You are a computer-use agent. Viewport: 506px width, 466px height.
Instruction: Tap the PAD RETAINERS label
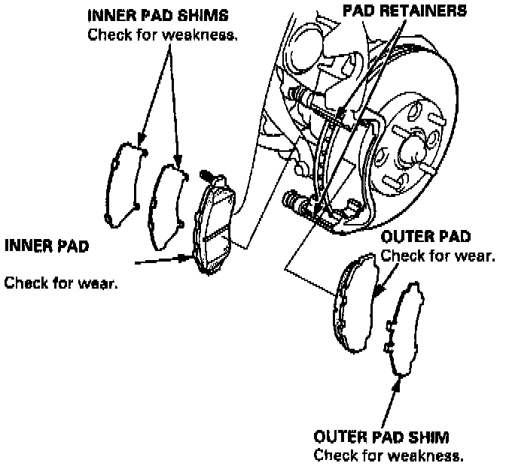pyautogui.click(x=404, y=11)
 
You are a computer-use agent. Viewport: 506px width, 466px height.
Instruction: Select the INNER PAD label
pyautogui.click(x=46, y=246)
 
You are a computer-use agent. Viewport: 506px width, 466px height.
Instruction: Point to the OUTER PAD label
pyautogui.click(x=426, y=238)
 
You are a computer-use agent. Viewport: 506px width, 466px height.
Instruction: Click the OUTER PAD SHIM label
pyautogui.click(x=383, y=437)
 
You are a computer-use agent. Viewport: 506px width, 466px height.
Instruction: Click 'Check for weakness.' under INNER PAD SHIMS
pyautogui.click(x=163, y=35)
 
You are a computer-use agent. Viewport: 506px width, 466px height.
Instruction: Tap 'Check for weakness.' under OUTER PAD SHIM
pyautogui.click(x=388, y=455)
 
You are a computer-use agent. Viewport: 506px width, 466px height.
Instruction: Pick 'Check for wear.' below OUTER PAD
pyautogui.click(x=438, y=256)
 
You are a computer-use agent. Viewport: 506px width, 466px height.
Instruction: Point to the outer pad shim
pyautogui.click(x=407, y=331)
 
